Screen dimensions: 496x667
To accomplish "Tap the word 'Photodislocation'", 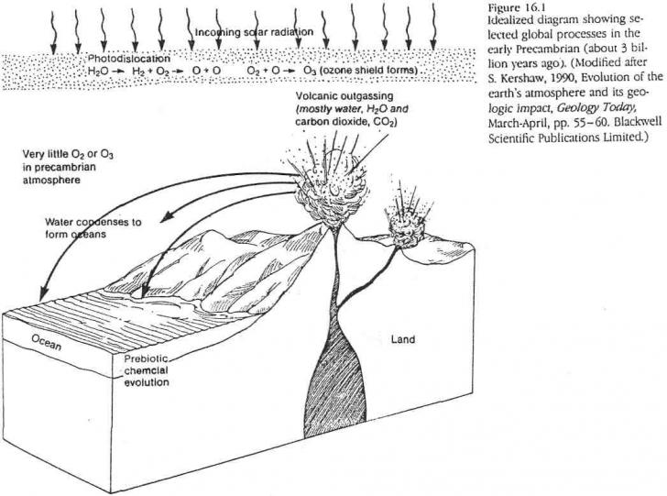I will pos(122,57).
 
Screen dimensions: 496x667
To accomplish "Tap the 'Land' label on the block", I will pos(403,339).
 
